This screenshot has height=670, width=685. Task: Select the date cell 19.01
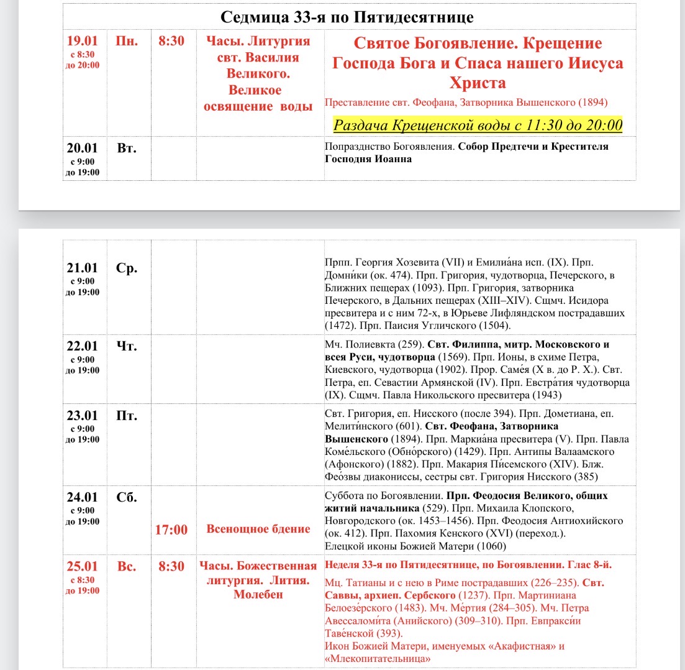click(x=83, y=42)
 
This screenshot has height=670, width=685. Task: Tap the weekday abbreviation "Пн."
click(x=127, y=42)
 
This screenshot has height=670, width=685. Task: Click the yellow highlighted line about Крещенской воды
click(x=478, y=125)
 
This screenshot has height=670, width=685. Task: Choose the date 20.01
click(x=83, y=149)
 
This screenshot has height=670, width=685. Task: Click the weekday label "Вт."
click(x=126, y=149)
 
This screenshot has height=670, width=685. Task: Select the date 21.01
click(x=83, y=268)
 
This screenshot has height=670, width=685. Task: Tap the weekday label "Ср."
click(x=127, y=268)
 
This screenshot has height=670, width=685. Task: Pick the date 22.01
click(x=83, y=346)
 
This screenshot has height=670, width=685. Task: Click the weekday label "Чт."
click(x=127, y=346)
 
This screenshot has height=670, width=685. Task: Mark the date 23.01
click(x=83, y=415)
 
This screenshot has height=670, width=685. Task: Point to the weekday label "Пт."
click(x=127, y=415)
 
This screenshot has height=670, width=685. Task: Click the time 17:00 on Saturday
click(x=171, y=530)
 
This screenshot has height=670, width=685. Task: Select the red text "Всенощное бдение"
click(x=258, y=530)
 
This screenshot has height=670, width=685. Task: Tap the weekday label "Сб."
click(x=127, y=497)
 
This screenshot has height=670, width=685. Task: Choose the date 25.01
click(x=83, y=566)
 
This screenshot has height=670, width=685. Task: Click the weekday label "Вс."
click(x=127, y=566)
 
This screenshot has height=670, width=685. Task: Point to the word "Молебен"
click(x=258, y=595)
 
